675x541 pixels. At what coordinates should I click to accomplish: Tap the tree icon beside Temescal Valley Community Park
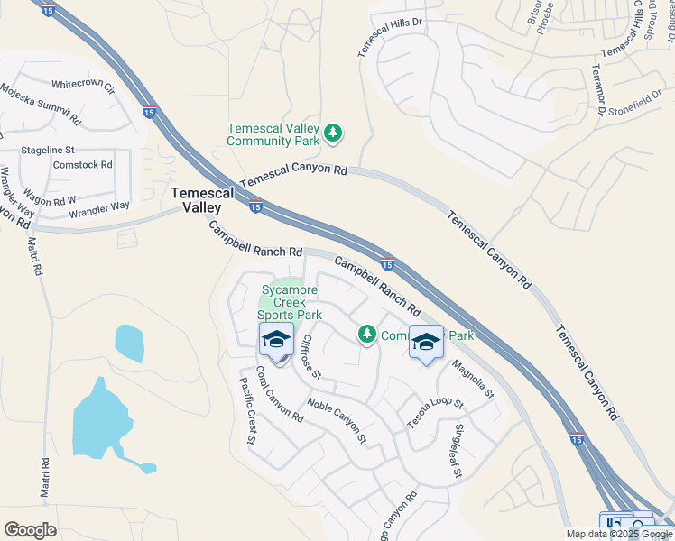pos(334,133)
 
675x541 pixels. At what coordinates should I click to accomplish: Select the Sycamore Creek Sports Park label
pos(290,302)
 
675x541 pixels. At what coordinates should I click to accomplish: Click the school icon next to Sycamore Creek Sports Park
pos(276,341)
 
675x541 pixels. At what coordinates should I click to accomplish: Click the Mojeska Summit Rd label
pos(41,105)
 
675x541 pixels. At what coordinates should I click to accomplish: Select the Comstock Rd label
pos(82,165)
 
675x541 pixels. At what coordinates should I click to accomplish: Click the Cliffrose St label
pos(309,355)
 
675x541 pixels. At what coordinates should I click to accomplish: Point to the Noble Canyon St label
pos(337,421)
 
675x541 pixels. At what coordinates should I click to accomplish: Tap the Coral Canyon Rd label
pos(278,394)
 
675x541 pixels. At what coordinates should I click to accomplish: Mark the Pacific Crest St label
pos(248,410)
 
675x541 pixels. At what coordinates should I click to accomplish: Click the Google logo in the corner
pos(31,529)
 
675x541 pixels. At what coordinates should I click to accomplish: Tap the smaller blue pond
pos(129,342)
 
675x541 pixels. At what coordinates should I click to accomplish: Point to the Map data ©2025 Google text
pos(618,534)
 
